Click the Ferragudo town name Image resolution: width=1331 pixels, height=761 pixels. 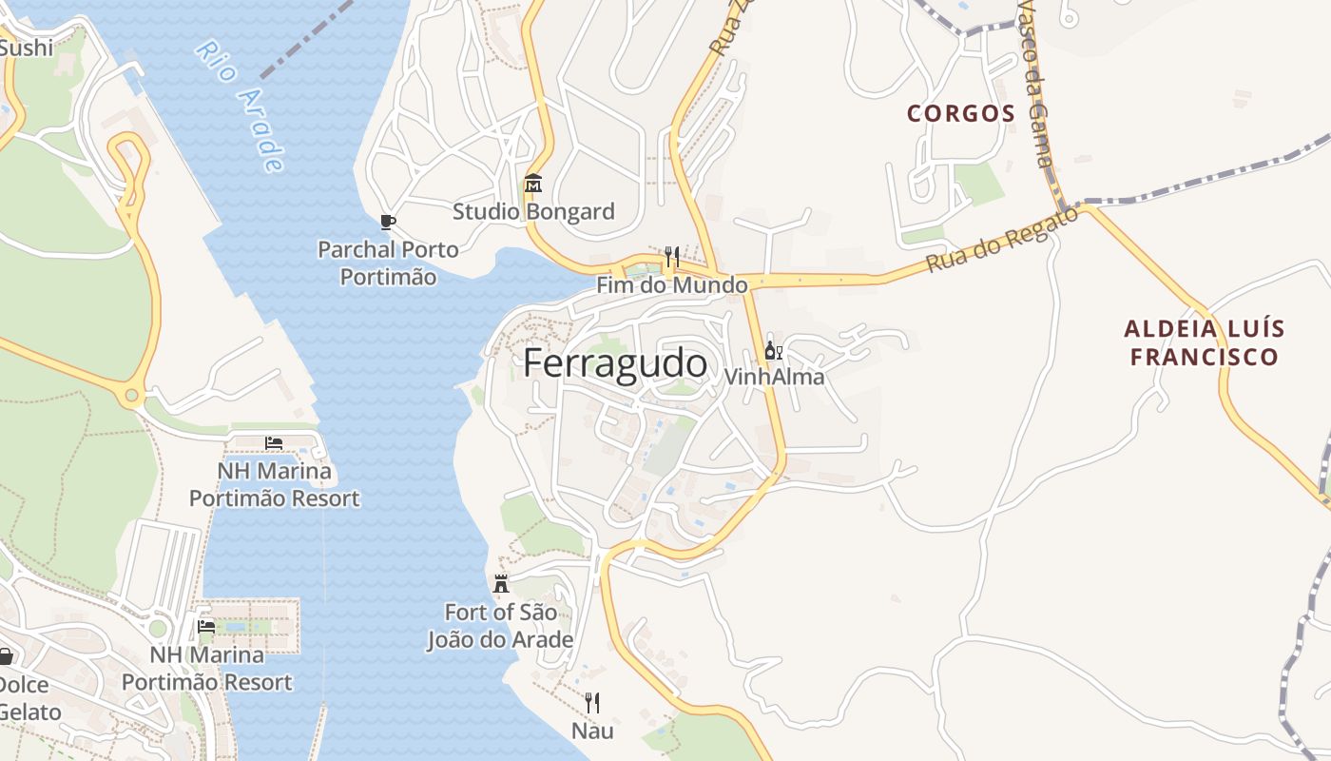point(615,364)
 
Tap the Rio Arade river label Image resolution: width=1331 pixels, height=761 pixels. point(241,106)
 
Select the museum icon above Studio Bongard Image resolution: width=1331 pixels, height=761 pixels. point(533,183)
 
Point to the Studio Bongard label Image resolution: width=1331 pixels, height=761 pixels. point(533,211)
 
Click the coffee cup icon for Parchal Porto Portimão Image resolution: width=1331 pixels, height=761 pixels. point(387,223)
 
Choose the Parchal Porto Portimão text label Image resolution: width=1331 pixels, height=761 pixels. point(388,263)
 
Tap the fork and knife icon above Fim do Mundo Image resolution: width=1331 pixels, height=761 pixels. point(671,256)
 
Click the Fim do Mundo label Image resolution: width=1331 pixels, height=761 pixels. point(671,284)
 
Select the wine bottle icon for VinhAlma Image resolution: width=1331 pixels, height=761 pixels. point(773,350)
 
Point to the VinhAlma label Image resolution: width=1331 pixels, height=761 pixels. point(774,377)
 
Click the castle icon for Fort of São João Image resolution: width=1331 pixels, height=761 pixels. point(501,583)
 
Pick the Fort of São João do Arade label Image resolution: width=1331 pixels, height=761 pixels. point(500,626)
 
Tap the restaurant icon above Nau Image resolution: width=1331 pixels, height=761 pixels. point(591,703)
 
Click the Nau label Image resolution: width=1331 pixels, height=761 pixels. point(591,731)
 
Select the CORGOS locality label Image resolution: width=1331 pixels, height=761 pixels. point(961,114)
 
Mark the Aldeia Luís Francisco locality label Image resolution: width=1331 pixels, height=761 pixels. point(1204,343)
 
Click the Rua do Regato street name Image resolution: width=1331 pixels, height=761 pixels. point(1003,240)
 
